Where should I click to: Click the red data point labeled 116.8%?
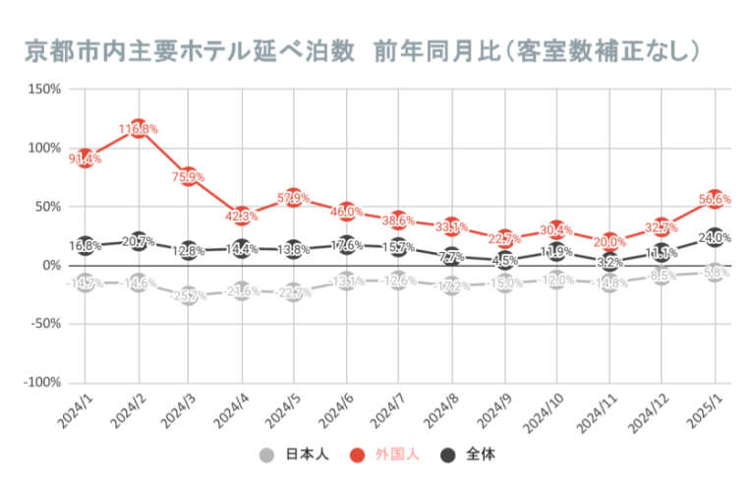[x=138, y=129]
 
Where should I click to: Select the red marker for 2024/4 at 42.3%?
[x=242, y=216]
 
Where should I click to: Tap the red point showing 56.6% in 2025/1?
[x=716, y=199]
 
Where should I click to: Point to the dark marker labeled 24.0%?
[x=716, y=237]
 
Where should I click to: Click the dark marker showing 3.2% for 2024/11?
[x=610, y=262]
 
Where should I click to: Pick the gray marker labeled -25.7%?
[x=190, y=295]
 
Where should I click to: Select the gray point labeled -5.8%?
[x=716, y=273]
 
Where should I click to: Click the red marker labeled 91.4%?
[x=85, y=158]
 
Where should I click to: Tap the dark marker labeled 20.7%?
[x=138, y=241]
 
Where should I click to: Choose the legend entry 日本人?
[x=295, y=455]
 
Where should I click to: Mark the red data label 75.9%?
[x=189, y=177]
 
